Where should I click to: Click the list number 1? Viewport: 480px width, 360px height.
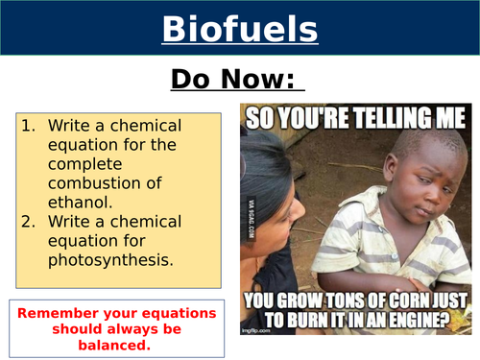pyautogui.click(x=28, y=126)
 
